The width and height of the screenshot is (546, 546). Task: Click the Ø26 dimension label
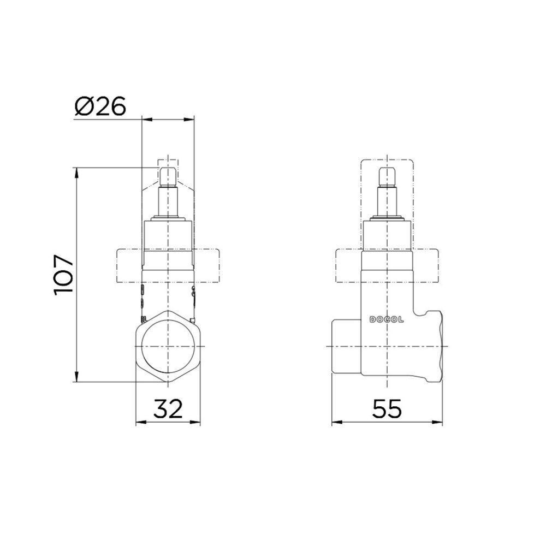tap(100, 106)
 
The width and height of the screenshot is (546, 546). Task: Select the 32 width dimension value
tap(168, 408)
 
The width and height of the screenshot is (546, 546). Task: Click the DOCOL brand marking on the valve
tap(387, 320)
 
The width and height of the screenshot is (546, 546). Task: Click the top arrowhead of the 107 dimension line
tap(76, 171)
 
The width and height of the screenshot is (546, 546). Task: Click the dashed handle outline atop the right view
tap(387, 164)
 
